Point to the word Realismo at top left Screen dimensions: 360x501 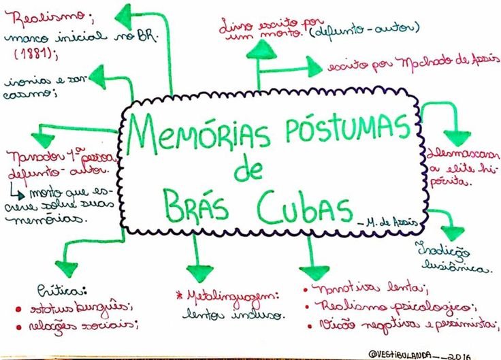(41, 15)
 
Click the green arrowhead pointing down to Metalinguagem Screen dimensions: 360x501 (199, 271)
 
